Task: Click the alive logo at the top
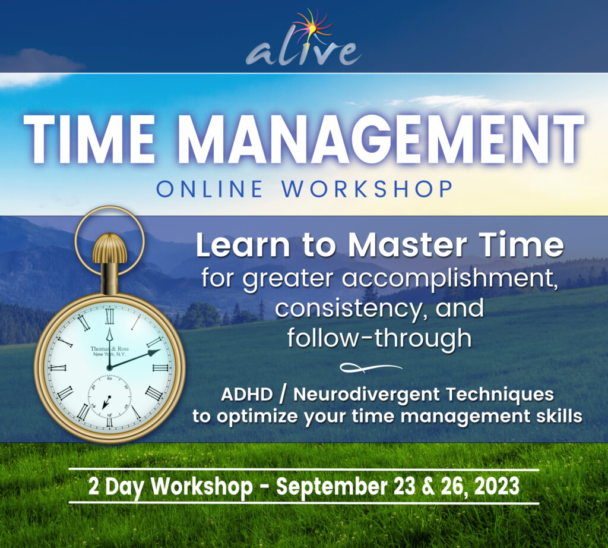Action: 303,51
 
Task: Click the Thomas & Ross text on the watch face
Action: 110,348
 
